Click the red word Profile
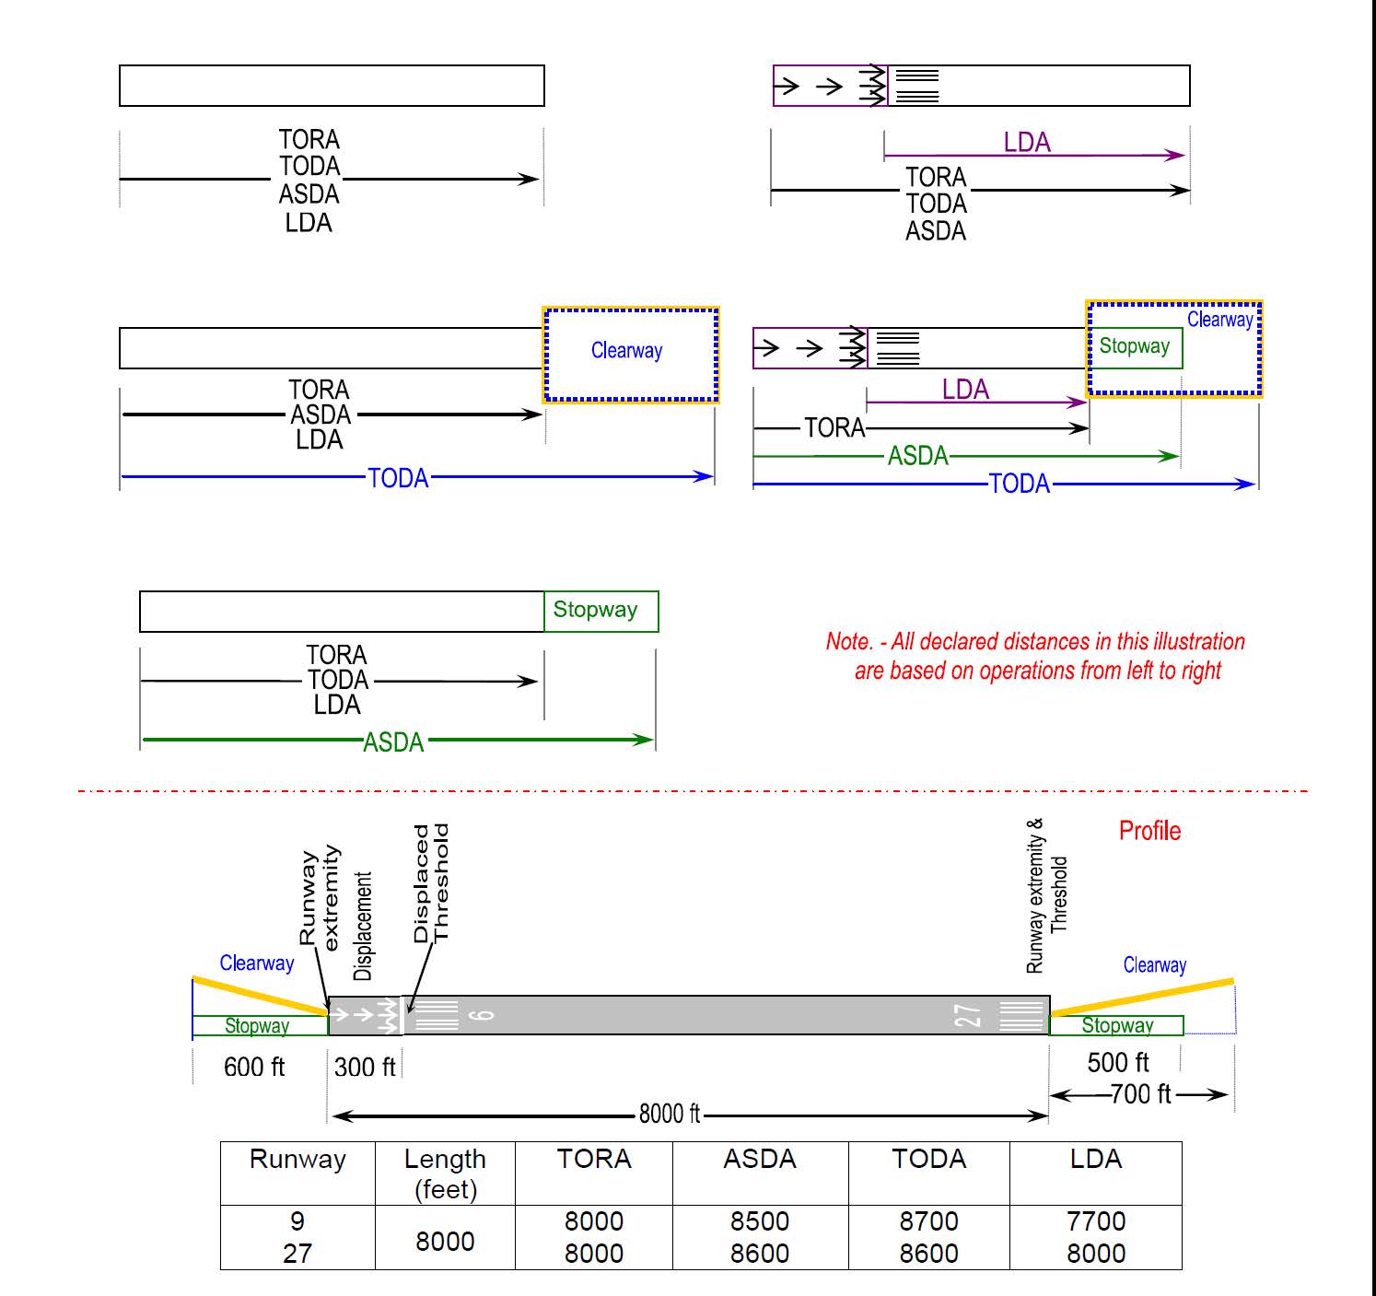click(1149, 831)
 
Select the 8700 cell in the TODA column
click(928, 1221)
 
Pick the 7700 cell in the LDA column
click(1095, 1221)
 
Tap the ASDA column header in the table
click(759, 1159)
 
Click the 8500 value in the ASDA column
click(759, 1221)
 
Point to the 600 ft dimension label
click(254, 1067)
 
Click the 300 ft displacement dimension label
click(365, 1067)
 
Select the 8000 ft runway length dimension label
click(670, 1115)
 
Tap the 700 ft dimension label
click(1140, 1094)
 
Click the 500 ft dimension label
click(1117, 1063)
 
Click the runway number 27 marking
click(968, 1016)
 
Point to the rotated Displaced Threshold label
click(430, 883)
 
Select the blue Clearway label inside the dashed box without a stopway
click(626, 351)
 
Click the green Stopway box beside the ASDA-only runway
click(601, 611)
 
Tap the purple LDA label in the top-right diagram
click(1026, 143)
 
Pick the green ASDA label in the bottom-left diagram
click(393, 742)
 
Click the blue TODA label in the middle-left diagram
click(398, 478)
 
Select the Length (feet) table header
click(445, 1173)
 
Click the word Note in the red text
click(847, 642)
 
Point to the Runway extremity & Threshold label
click(1046, 895)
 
